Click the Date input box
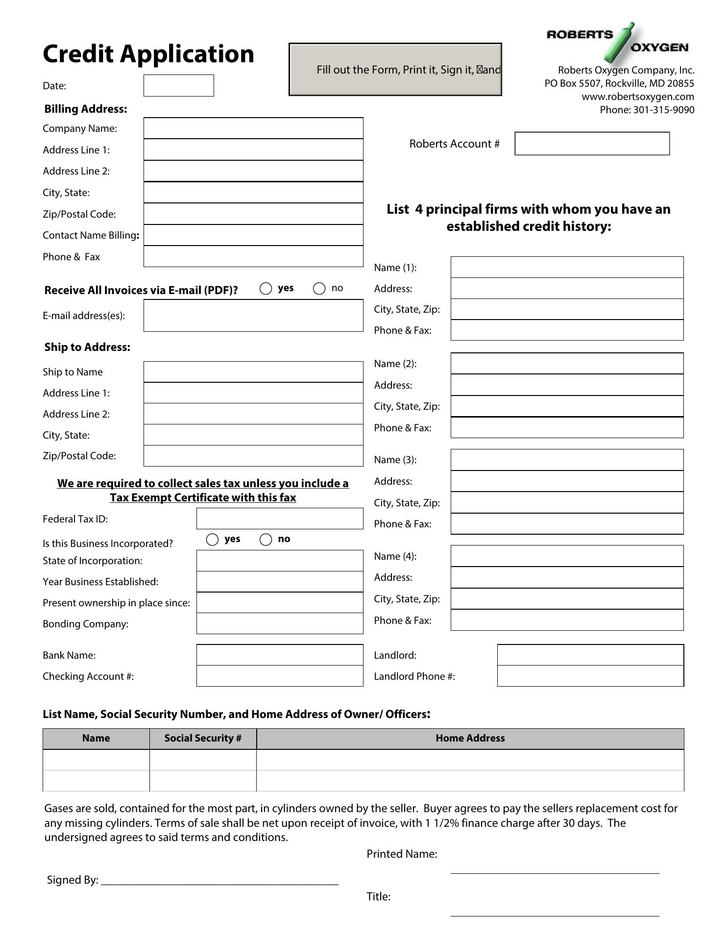point(178,86)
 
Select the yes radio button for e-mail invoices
point(266,289)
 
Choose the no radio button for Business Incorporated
point(266,540)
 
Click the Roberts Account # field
point(592,144)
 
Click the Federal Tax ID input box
point(280,519)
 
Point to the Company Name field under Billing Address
point(253,128)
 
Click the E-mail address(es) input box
point(253,316)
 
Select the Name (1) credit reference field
point(567,267)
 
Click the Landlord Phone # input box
point(590,676)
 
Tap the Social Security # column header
point(203,738)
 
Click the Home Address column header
point(470,738)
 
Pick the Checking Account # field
point(280,676)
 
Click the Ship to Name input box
point(253,372)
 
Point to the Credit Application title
point(148,54)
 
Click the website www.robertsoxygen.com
point(637,97)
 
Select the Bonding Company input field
point(280,623)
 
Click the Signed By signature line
point(219,880)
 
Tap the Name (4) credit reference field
point(567,556)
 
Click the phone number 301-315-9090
point(663,110)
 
